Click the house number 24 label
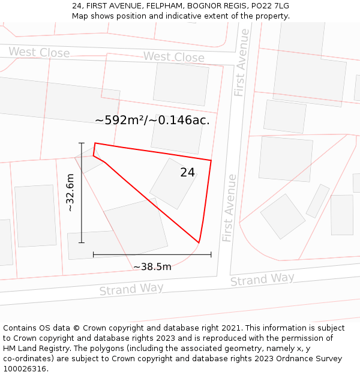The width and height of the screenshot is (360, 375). (x=188, y=172)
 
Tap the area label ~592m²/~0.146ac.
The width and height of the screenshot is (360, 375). (x=152, y=120)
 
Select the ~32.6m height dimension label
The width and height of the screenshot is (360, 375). (x=70, y=193)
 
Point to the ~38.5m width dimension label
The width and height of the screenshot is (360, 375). (x=152, y=266)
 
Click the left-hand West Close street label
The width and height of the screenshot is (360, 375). (x=39, y=53)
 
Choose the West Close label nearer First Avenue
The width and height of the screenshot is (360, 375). (x=173, y=57)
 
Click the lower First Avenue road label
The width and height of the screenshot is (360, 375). (x=229, y=208)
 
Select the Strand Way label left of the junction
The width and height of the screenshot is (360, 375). (x=131, y=289)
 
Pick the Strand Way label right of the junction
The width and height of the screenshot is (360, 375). (x=262, y=279)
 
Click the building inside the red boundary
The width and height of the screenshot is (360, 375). (x=173, y=184)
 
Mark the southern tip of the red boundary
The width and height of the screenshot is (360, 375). (x=199, y=242)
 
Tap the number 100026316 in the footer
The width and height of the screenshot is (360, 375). (x=26, y=369)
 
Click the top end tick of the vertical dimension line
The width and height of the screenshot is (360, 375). (x=82, y=143)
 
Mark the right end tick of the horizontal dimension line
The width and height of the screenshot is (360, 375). (x=211, y=254)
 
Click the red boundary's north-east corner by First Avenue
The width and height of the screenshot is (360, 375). (x=211, y=160)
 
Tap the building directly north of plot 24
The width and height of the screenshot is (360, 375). (x=176, y=134)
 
